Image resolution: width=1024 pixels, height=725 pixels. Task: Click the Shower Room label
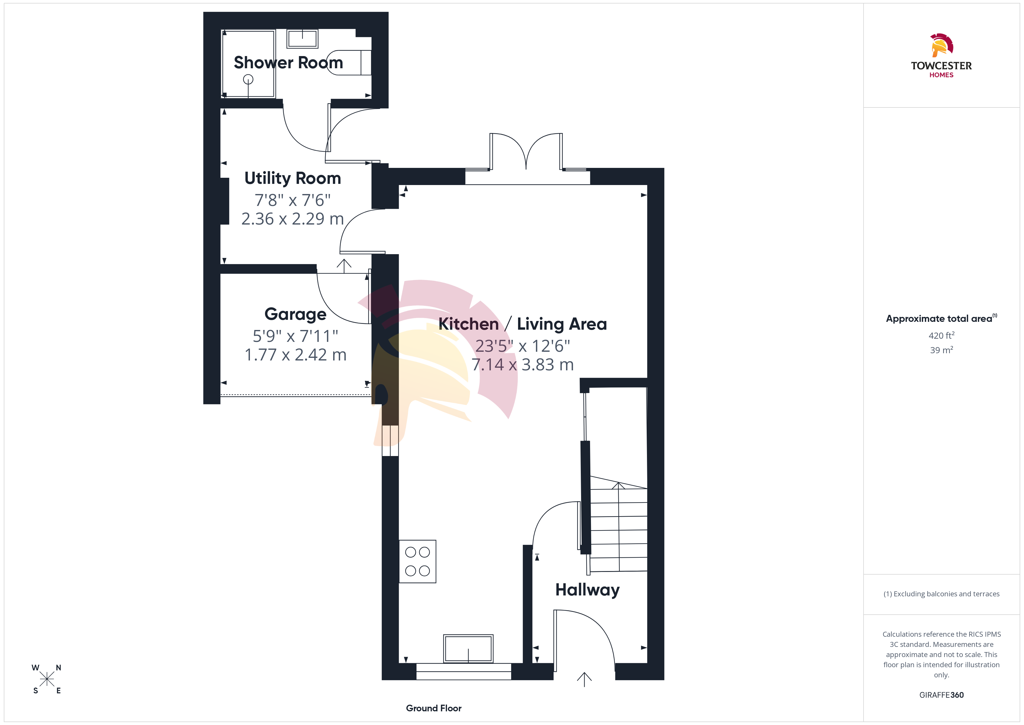tap(288, 62)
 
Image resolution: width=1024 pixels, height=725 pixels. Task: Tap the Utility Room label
tap(293, 178)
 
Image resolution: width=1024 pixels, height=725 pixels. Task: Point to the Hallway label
tap(587, 590)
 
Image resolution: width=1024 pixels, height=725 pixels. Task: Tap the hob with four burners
tap(417, 561)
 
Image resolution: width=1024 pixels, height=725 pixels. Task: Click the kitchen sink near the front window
tap(468, 649)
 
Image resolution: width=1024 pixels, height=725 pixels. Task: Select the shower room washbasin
tap(302, 39)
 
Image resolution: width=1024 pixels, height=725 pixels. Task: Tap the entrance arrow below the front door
tap(584, 679)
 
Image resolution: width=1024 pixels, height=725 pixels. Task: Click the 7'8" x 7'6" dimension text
tap(293, 200)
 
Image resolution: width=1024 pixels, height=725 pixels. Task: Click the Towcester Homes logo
tap(942, 56)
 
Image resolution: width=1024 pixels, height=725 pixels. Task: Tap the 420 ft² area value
tap(942, 335)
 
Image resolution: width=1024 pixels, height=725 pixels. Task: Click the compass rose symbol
tap(47, 679)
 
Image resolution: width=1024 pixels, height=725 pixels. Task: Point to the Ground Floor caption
tap(434, 708)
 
